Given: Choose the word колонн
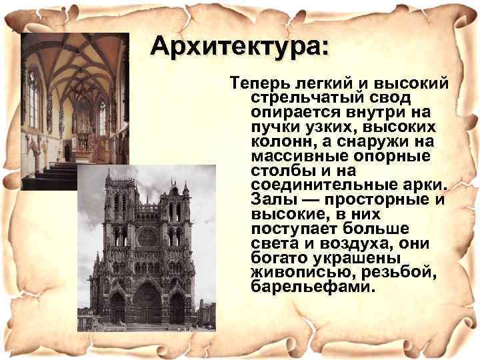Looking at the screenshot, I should click(278, 141).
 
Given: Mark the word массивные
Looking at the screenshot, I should click(297, 155).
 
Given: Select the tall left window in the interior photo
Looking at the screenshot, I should click(33, 100).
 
